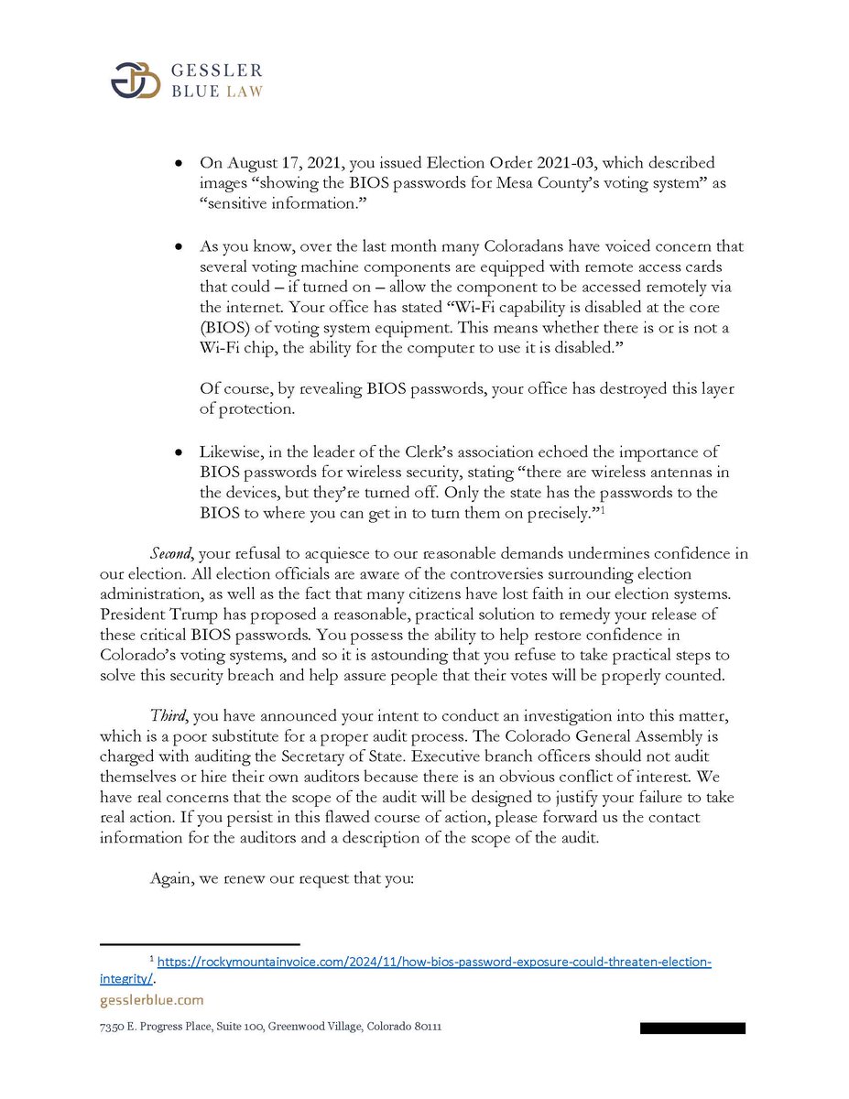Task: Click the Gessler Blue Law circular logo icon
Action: point(136,81)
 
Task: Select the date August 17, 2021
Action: point(272,162)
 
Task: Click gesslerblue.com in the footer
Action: point(151,1000)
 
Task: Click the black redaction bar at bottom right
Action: point(692,1028)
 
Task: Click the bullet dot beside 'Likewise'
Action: point(180,452)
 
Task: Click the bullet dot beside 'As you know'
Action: point(180,247)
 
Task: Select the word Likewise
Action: point(232,452)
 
